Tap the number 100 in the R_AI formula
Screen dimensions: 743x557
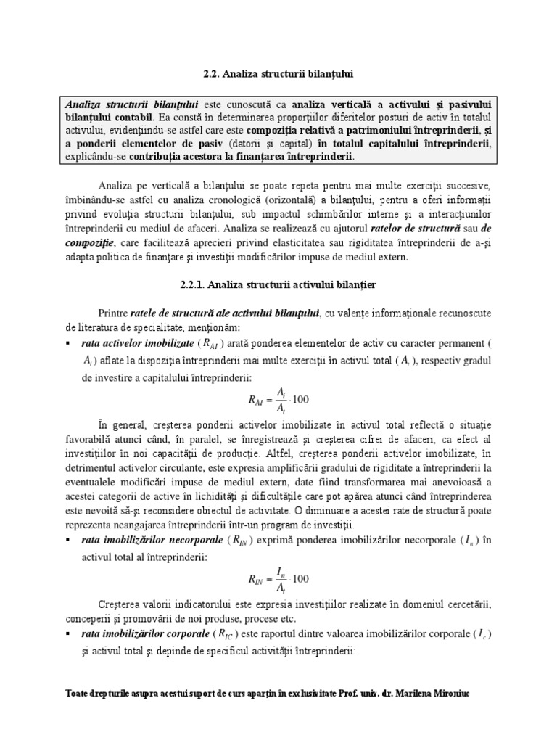pyautogui.click(x=300, y=400)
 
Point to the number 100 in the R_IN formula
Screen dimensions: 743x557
pyautogui.click(x=300, y=578)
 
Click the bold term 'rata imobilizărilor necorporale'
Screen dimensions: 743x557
pyautogui.click(x=147, y=540)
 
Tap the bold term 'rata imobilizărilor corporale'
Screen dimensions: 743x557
pyautogui.click(x=141, y=633)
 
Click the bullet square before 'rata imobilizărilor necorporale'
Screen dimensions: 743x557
pyautogui.click(x=67, y=541)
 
